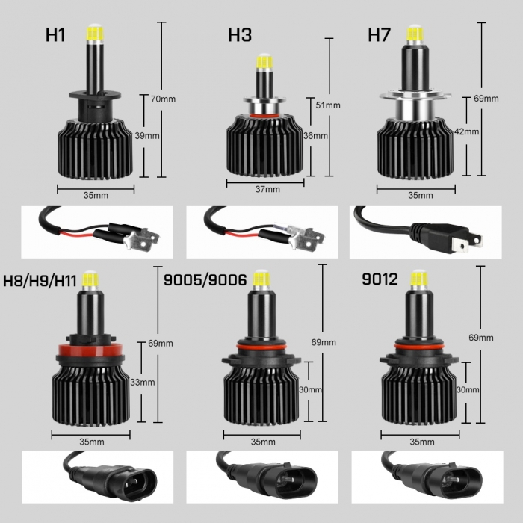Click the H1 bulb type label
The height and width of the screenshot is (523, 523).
click(58, 35)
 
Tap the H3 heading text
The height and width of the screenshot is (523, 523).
click(240, 35)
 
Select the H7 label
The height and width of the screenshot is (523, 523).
click(380, 35)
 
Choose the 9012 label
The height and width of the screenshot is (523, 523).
click(379, 282)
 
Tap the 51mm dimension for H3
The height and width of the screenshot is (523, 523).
click(328, 105)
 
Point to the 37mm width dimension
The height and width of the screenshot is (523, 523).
click(267, 190)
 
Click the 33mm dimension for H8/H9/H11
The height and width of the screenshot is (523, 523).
click(143, 382)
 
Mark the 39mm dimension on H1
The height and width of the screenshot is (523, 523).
click(146, 136)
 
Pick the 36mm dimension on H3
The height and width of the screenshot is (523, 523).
click(316, 136)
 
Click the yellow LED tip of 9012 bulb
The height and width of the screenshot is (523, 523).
click(415, 279)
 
